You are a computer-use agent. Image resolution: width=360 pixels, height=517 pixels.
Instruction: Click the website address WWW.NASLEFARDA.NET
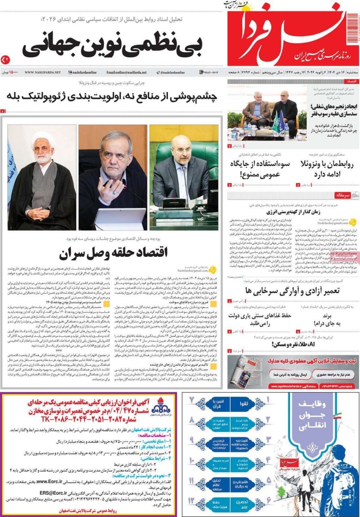point(42,72)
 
